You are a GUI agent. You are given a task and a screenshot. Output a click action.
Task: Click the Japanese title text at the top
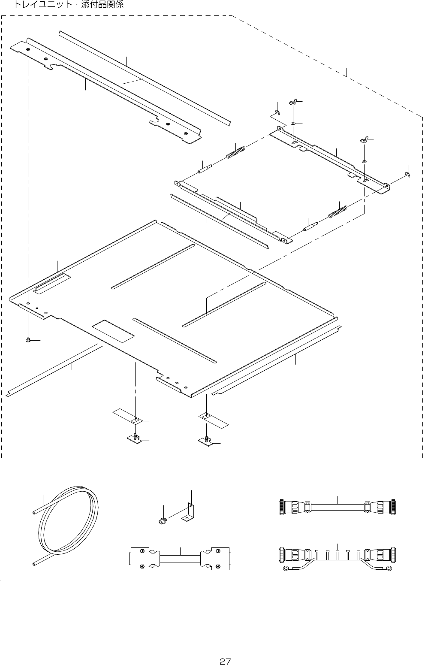(x=69, y=6)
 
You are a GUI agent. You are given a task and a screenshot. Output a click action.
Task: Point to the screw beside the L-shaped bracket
(x=162, y=522)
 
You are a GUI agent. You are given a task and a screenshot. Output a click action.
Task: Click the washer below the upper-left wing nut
(x=292, y=124)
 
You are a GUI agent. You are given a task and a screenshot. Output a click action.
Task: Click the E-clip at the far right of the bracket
(x=407, y=174)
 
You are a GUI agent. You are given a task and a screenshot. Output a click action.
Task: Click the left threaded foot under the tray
(x=135, y=438)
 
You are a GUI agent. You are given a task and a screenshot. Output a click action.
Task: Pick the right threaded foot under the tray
(x=206, y=440)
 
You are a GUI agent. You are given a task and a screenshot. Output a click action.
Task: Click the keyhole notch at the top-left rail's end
(x=53, y=66)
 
